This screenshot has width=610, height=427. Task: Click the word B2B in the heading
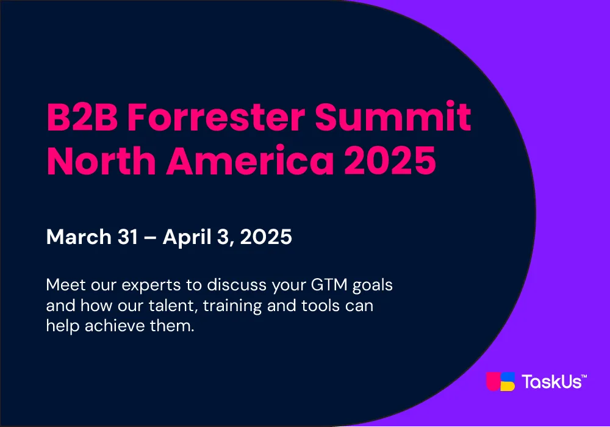pos(82,117)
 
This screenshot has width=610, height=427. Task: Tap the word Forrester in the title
pos(217,117)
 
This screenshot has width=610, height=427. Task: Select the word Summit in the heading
pos(393,116)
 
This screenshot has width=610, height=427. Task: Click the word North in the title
pos(101,160)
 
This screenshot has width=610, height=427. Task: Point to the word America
pos(250,160)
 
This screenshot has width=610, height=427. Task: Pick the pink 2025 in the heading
pos(390,160)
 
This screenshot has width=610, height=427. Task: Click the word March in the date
pos(79,237)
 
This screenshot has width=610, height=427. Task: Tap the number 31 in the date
pos(127,237)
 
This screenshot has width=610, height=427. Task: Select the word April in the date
pos(187,237)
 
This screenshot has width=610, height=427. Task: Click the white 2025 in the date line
pos(266,237)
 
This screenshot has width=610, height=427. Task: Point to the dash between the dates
pos(150,238)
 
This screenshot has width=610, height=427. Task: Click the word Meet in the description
pos(66,285)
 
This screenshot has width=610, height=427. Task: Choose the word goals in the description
pos(373,286)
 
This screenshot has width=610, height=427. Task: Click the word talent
pos(173,306)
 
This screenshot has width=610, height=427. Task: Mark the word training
pos(232,306)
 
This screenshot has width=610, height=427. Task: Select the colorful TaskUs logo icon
pos(501,381)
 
